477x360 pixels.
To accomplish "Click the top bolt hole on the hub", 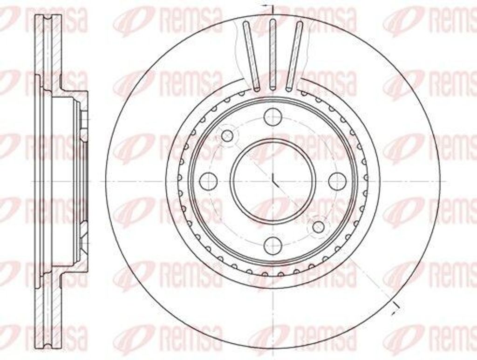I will coord(273,116).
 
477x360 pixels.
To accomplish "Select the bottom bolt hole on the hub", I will coord(273,245).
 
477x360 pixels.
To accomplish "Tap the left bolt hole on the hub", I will coord(208,181).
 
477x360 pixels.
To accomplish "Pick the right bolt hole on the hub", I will coord(337,181).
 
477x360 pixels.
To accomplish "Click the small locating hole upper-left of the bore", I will coord(227,136).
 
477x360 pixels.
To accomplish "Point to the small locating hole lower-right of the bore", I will coord(318,227).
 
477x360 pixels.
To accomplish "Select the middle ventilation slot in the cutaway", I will coord(273,54).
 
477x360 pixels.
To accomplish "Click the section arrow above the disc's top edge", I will coord(266,7).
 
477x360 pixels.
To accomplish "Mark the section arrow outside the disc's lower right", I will coord(396,305).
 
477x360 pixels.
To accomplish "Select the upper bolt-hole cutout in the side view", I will coord(84,123).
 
